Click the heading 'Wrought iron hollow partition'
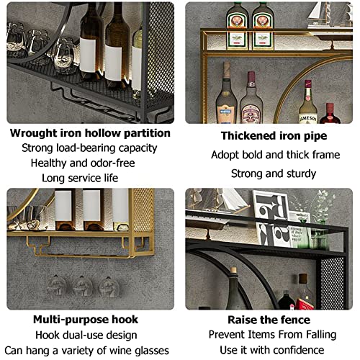[91, 134]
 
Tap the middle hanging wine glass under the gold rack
[83, 287]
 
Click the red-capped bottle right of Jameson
[330, 113]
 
